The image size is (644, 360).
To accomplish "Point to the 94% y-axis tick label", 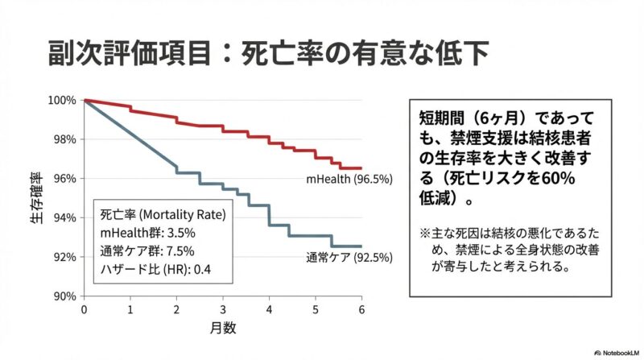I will (x=64, y=217).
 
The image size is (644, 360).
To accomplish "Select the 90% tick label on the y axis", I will (x=64, y=296).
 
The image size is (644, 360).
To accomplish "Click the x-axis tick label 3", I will (x=222, y=309).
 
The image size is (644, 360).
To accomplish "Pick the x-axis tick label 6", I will (x=361, y=309).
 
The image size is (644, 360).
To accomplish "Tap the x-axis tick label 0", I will (x=83, y=309).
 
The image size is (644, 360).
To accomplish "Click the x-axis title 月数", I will (x=222, y=328).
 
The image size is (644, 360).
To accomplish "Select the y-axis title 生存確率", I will (x=36, y=198).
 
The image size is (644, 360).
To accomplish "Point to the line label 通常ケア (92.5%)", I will (x=349, y=259).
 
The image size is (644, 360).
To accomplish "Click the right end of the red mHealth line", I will (x=361, y=168).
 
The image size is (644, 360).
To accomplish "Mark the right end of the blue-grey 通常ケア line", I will (x=361, y=246).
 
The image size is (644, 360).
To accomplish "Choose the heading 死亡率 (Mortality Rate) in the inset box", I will (x=162, y=215).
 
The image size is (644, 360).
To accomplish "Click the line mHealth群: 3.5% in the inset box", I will (x=142, y=232).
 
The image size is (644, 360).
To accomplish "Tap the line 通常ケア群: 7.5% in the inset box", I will (x=147, y=250).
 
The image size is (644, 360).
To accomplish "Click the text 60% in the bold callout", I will (x=551, y=177).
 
